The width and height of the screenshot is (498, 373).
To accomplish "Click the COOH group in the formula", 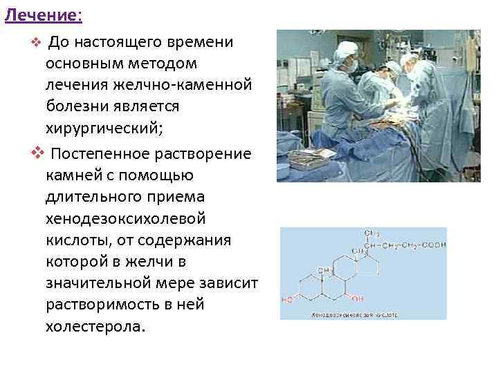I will (434, 245).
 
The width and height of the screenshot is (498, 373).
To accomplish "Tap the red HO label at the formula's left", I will (288, 300).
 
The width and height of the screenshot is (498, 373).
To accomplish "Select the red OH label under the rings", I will (356, 298).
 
